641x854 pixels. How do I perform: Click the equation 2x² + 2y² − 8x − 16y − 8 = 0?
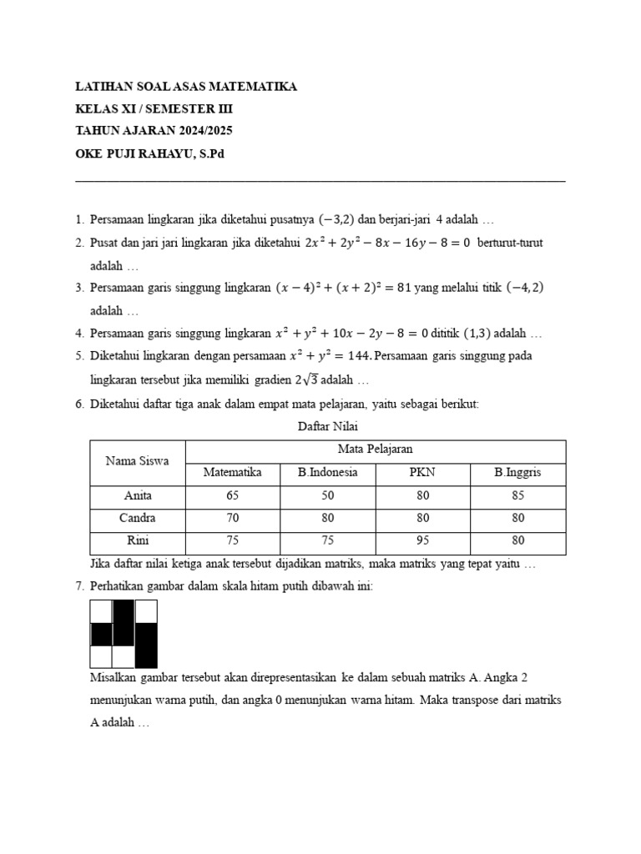click(388, 243)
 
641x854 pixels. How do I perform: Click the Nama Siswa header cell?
click(137, 460)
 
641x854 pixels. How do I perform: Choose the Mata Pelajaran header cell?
click(375, 449)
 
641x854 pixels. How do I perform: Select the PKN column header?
click(423, 472)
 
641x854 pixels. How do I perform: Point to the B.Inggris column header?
click(517, 472)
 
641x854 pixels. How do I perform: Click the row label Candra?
click(138, 518)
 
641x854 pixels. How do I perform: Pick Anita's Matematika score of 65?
click(232, 495)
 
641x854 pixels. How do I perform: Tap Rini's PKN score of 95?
click(423, 540)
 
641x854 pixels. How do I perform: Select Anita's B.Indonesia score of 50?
click(327, 495)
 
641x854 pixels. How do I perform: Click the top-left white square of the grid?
click(101, 612)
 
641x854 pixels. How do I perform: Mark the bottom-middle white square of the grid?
click(124, 657)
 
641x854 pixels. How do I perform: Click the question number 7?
click(79, 586)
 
